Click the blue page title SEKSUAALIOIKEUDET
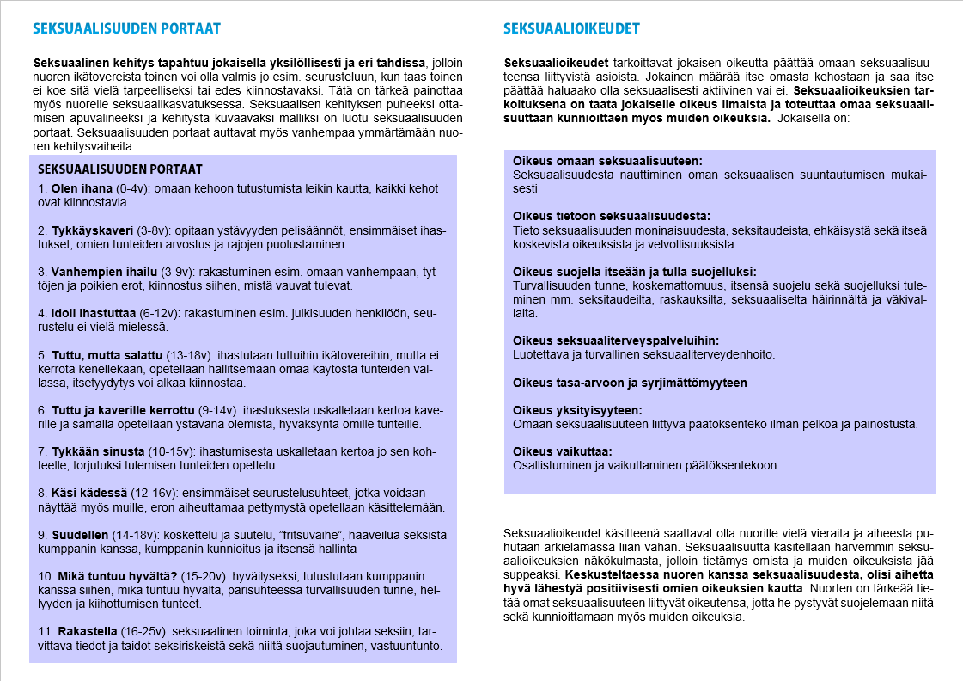571,28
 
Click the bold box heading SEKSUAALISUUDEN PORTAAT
120,169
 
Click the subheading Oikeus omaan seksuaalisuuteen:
606,161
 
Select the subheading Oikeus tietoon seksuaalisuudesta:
612,216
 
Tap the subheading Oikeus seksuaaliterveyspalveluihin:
616,340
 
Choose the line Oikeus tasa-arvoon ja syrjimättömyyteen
630,383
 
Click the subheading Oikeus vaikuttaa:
562,451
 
